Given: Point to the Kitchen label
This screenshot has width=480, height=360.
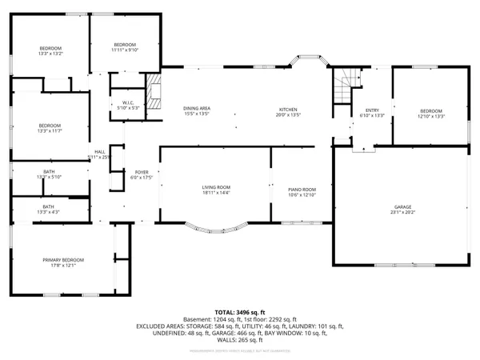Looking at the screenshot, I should [288, 110].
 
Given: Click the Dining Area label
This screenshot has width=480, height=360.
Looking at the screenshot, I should [196, 109].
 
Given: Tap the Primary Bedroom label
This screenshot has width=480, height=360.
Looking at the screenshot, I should [63, 260].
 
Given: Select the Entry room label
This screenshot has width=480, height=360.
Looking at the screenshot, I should [372, 110].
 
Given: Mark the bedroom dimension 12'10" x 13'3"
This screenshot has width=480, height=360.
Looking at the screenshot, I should [430, 116].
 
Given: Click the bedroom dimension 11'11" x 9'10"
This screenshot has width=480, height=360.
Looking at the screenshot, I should [125, 50].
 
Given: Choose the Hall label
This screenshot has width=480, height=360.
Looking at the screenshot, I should [99, 151].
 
